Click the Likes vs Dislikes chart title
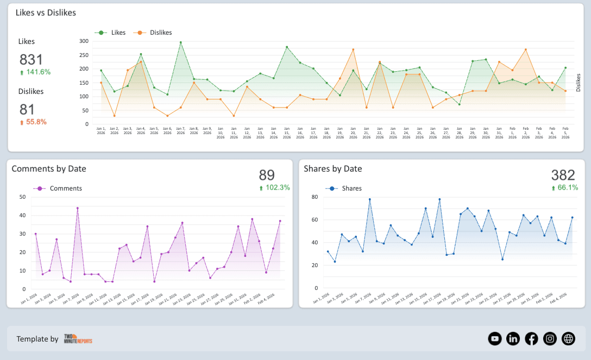pyautogui.click(x=46, y=12)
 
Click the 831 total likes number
pyautogui.click(x=31, y=60)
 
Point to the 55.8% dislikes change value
pyautogui.click(x=33, y=122)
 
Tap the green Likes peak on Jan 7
pyautogui.click(x=180, y=42)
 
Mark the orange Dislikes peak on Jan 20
pyautogui.click(x=353, y=49)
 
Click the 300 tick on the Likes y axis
pyautogui.click(x=84, y=41)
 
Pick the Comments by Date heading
pyautogui.click(x=49, y=169)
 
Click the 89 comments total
pyautogui.click(x=267, y=175)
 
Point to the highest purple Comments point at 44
pyautogui.click(x=77, y=208)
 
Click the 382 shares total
pyautogui.click(x=563, y=175)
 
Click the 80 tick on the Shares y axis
pyautogui.click(x=314, y=197)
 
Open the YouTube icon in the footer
pyautogui.click(x=494, y=339)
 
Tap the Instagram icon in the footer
pyautogui.click(x=550, y=339)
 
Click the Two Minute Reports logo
pyautogui.click(x=78, y=339)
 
